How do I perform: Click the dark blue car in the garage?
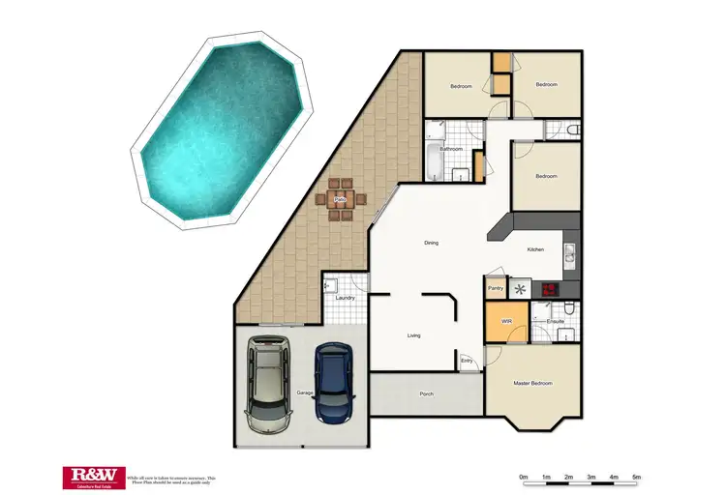332,382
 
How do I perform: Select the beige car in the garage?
268,384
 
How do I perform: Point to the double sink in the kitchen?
570,253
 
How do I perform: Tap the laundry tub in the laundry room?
330,285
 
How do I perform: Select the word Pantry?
496,288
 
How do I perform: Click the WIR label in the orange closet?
505,320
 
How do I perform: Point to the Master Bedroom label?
532,384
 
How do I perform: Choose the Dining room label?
432,243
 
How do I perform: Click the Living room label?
413,335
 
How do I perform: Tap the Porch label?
426,394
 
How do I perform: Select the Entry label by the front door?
467,361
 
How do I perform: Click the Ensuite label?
556,319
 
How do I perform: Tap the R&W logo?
93,474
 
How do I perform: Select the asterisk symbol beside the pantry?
521,288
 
